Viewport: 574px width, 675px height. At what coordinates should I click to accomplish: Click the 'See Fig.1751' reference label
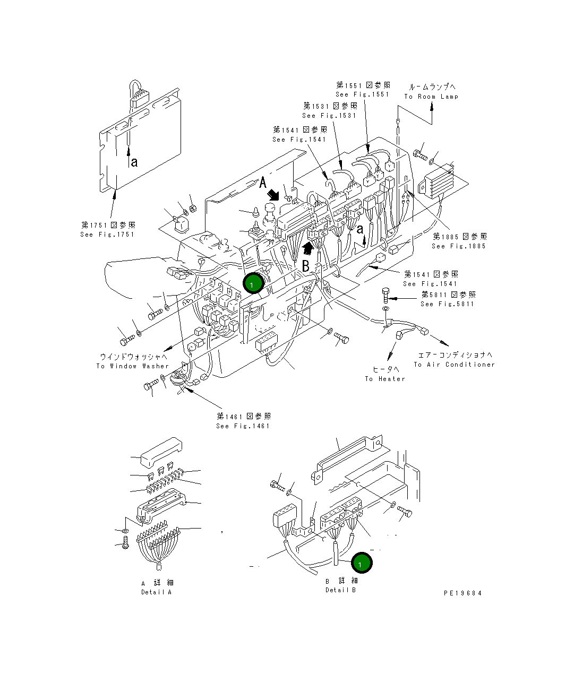point(107,234)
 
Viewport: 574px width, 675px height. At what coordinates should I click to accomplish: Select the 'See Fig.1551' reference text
point(363,94)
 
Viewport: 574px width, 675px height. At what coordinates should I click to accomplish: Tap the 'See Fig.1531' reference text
point(329,116)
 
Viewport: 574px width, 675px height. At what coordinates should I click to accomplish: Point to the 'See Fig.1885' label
point(459,246)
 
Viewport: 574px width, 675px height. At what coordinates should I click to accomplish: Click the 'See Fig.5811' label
point(447,304)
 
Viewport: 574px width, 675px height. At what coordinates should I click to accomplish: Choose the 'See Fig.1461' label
point(243,426)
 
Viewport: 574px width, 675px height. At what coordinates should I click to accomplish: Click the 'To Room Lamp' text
point(431,97)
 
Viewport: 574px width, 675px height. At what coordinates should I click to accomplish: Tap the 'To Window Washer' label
point(133,366)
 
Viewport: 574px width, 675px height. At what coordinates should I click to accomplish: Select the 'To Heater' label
point(385,379)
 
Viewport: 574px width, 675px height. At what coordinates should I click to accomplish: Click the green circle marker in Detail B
point(361,564)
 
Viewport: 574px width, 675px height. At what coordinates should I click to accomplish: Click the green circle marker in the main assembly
point(253,284)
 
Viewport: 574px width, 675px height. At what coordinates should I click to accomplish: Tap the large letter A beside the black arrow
point(263,184)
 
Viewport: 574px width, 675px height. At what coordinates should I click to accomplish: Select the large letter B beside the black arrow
point(306,266)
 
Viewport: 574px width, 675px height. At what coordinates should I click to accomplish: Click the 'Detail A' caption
point(156,592)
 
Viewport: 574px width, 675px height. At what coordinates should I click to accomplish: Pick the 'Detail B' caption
point(341,590)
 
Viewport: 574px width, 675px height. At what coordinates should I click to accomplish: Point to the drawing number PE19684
point(462,593)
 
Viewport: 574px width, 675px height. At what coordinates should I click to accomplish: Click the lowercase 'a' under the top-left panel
point(134,162)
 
